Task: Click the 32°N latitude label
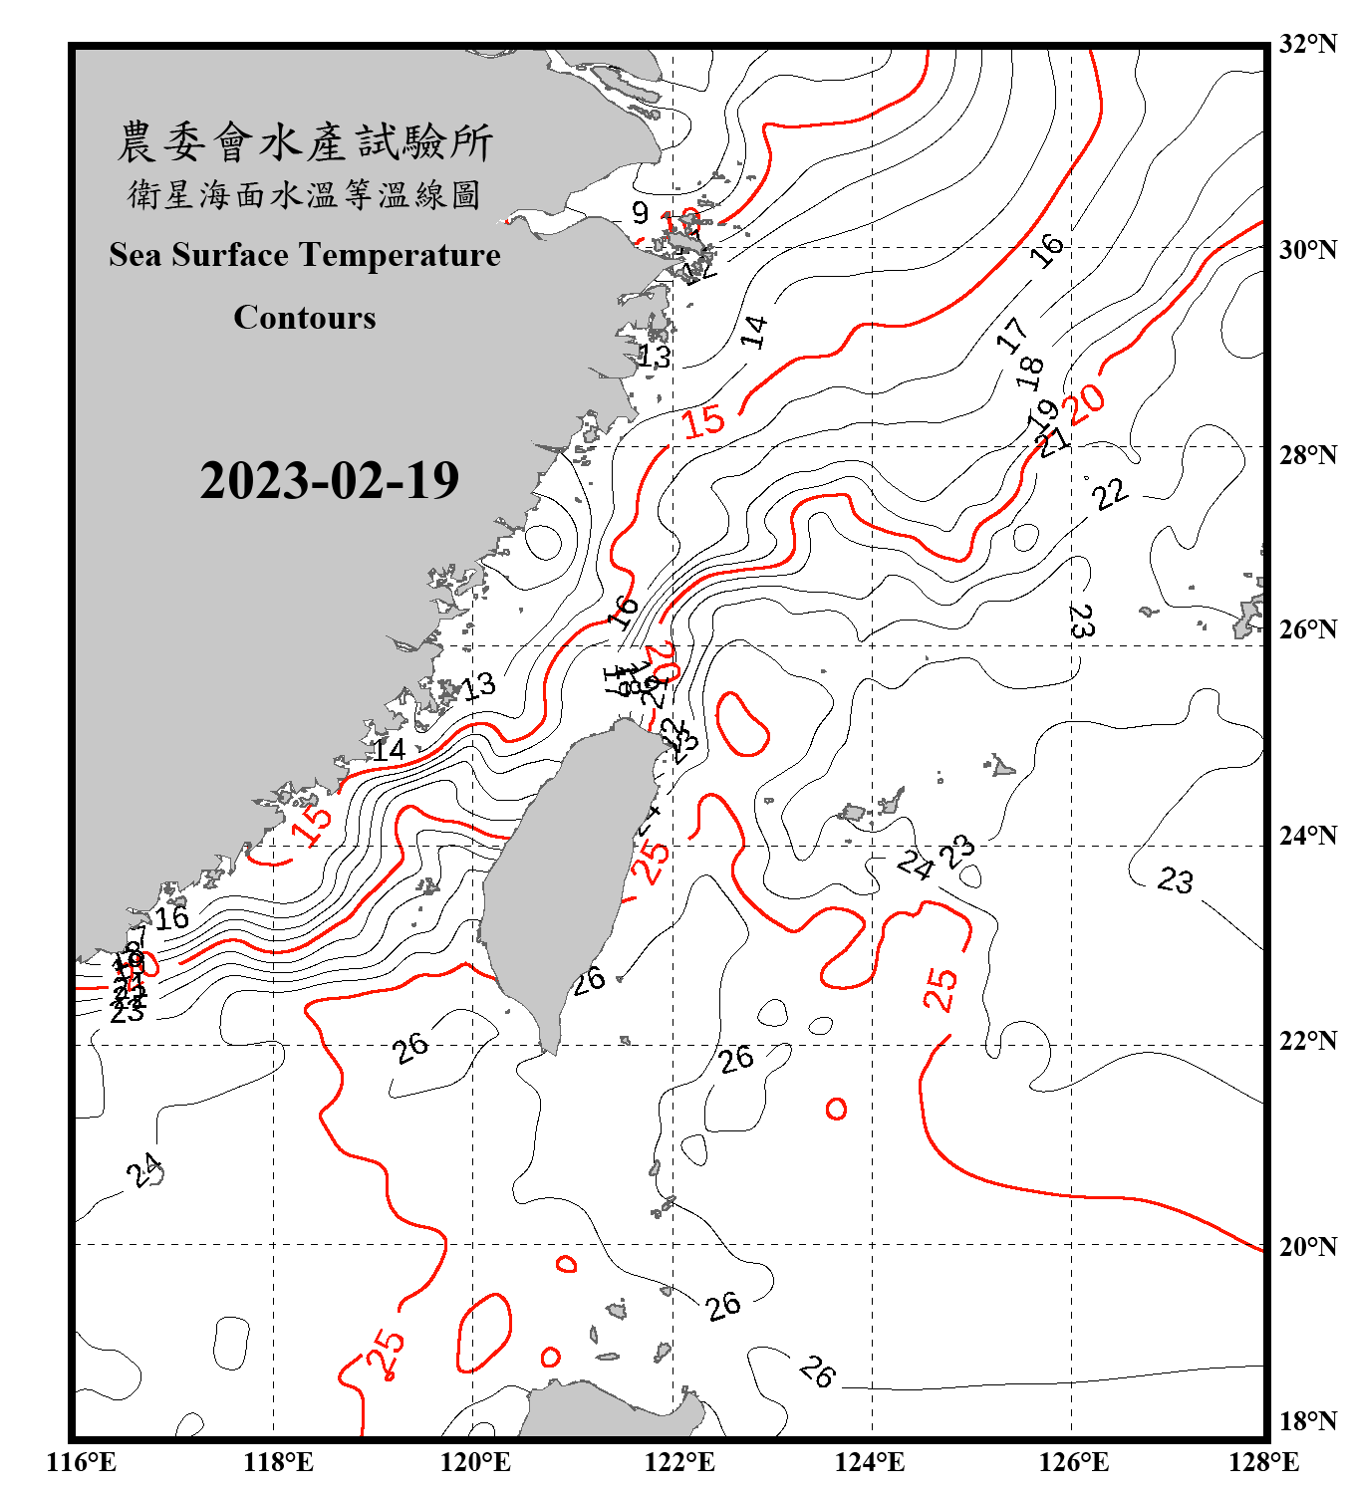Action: [1307, 44]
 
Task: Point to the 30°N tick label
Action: [1307, 249]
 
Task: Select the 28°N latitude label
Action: [1307, 454]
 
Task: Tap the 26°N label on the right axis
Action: [1307, 629]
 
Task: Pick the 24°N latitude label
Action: [1307, 835]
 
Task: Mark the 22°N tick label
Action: [1307, 1041]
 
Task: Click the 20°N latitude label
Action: [1307, 1246]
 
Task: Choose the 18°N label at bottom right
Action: [1307, 1420]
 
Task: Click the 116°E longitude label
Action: [82, 1462]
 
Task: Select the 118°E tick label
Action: [278, 1462]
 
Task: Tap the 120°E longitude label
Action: [475, 1462]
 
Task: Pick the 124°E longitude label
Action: [870, 1462]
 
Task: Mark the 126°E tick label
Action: [1073, 1462]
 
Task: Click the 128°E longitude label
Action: [1263, 1462]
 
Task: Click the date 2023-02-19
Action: [329, 480]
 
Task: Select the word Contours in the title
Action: [305, 317]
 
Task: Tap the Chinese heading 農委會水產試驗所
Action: [305, 141]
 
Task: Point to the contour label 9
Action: [640, 211]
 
